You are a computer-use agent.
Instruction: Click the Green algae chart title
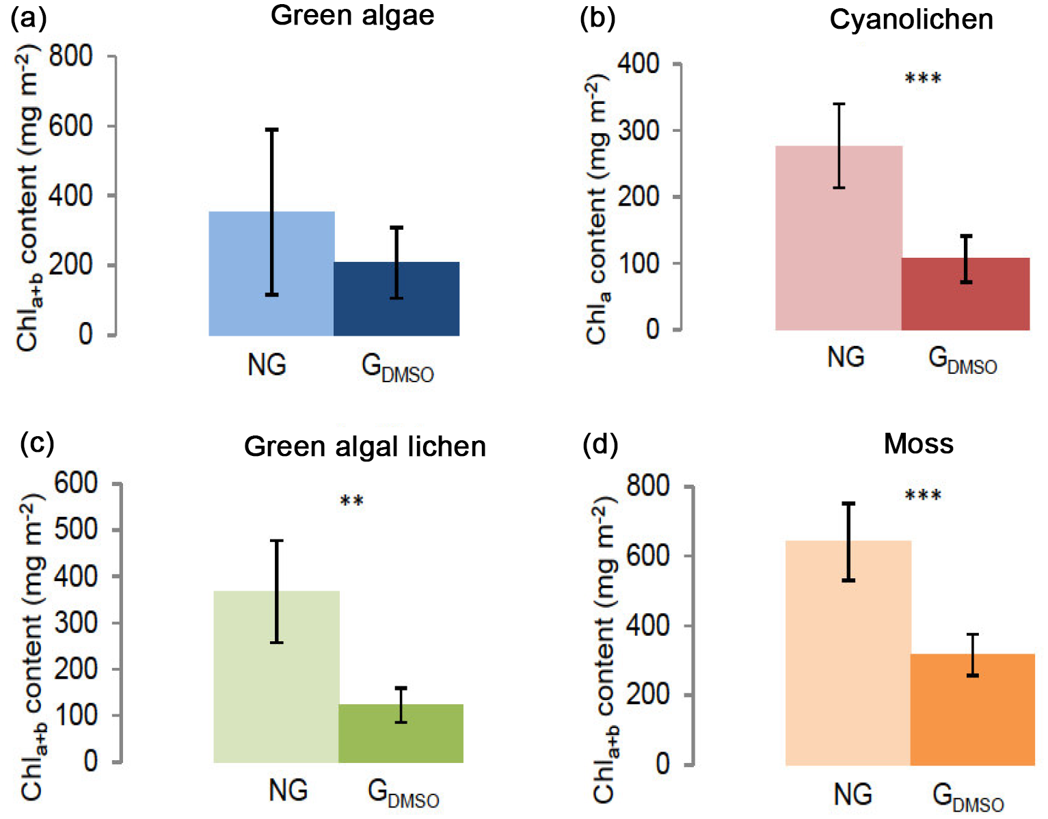point(352,15)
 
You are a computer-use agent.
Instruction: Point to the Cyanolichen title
point(911,19)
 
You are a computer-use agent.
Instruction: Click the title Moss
point(918,444)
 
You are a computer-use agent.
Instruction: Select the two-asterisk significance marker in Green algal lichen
point(351,502)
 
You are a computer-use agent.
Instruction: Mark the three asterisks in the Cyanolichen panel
point(923,79)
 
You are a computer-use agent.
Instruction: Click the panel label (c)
point(38,442)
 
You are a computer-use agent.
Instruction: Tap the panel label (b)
point(597,18)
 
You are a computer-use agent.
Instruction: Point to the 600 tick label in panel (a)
point(70,126)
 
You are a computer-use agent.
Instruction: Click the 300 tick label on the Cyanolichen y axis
point(639,131)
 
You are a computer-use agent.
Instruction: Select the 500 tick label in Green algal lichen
point(76,530)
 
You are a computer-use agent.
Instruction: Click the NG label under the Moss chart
point(852,794)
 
